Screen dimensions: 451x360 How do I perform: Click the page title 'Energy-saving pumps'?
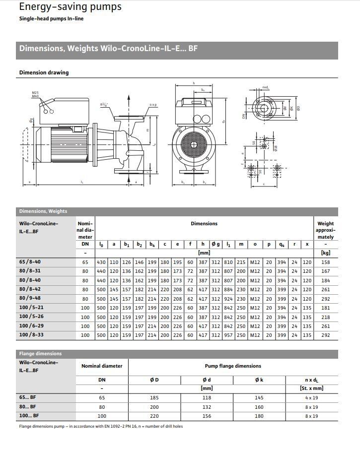tap(70, 7)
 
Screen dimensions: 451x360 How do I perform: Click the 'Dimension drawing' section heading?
tap(44, 72)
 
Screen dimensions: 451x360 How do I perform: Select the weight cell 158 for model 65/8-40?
tap(325, 262)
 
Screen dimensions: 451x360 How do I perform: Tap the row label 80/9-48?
tap(30, 299)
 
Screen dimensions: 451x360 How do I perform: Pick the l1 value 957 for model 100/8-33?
tap(228, 335)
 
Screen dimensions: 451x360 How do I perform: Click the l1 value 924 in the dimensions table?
tap(228, 299)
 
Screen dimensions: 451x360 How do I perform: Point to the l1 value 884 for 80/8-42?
tap(228, 289)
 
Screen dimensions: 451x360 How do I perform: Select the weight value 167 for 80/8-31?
tap(325, 271)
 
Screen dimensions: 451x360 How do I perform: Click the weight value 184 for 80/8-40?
tap(325, 280)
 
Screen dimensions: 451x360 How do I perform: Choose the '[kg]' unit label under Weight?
tap(325, 253)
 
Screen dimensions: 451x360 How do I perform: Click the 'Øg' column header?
tap(216, 244)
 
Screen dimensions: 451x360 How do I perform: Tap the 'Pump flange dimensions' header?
tap(233, 366)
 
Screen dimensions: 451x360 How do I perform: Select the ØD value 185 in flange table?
tap(154, 398)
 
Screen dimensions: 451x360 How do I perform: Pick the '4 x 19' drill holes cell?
tap(311, 398)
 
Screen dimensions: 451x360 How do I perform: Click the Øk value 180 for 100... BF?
tap(259, 416)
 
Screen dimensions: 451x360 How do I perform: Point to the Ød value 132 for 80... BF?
tap(207, 407)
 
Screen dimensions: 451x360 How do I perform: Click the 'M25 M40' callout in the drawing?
tap(35, 94)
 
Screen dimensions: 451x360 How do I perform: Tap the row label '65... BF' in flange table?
tap(29, 398)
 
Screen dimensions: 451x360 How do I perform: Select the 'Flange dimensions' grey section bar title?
tap(40, 354)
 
